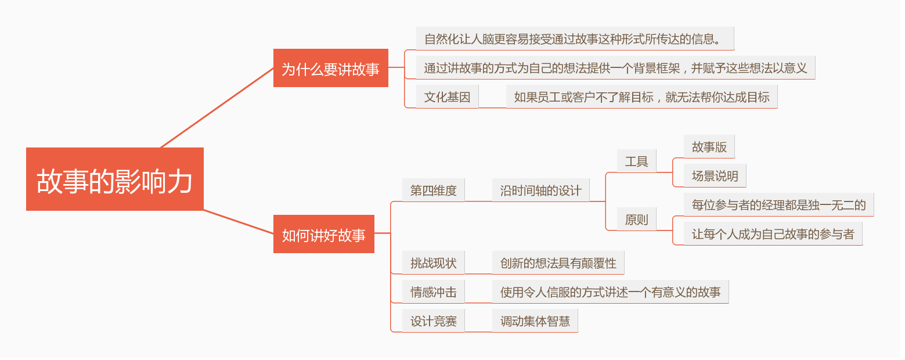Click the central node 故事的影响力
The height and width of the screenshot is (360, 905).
(114, 179)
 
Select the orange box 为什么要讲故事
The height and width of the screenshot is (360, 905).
(330, 68)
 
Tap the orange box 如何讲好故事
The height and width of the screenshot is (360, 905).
(323, 234)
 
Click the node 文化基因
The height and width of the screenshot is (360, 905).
(447, 96)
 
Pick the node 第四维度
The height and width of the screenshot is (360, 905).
(433, 190)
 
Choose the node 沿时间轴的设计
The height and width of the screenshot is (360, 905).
(540, 190)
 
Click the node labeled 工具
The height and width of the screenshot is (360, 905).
(636, 161)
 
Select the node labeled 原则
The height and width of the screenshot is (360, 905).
(636, 219)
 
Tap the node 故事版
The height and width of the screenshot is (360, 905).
(709, 147)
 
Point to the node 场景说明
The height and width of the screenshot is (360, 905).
(715, 176)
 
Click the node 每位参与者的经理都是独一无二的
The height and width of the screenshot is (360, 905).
(778, 204)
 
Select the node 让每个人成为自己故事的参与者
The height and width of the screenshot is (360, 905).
(773, 234)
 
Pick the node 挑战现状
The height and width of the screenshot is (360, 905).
(433, 263)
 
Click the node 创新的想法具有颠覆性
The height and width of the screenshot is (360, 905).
(558, 263)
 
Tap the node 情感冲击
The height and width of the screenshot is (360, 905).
(433, 292)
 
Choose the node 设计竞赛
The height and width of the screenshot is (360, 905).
(433, 321)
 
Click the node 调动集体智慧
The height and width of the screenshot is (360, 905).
(535, 321)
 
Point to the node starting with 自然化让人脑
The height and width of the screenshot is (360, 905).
(575, 39)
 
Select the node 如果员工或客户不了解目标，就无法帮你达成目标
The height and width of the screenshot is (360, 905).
(641, 97)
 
